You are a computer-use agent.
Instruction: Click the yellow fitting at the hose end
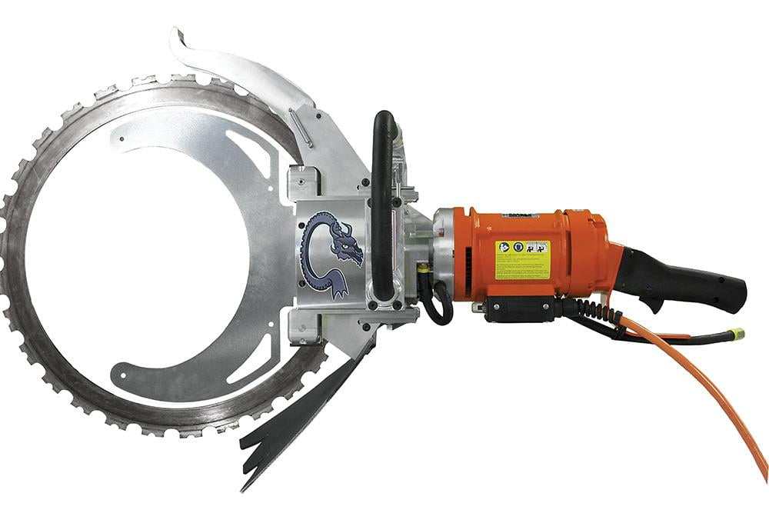click(737, 334)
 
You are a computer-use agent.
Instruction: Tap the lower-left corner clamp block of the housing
click(301, 326)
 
